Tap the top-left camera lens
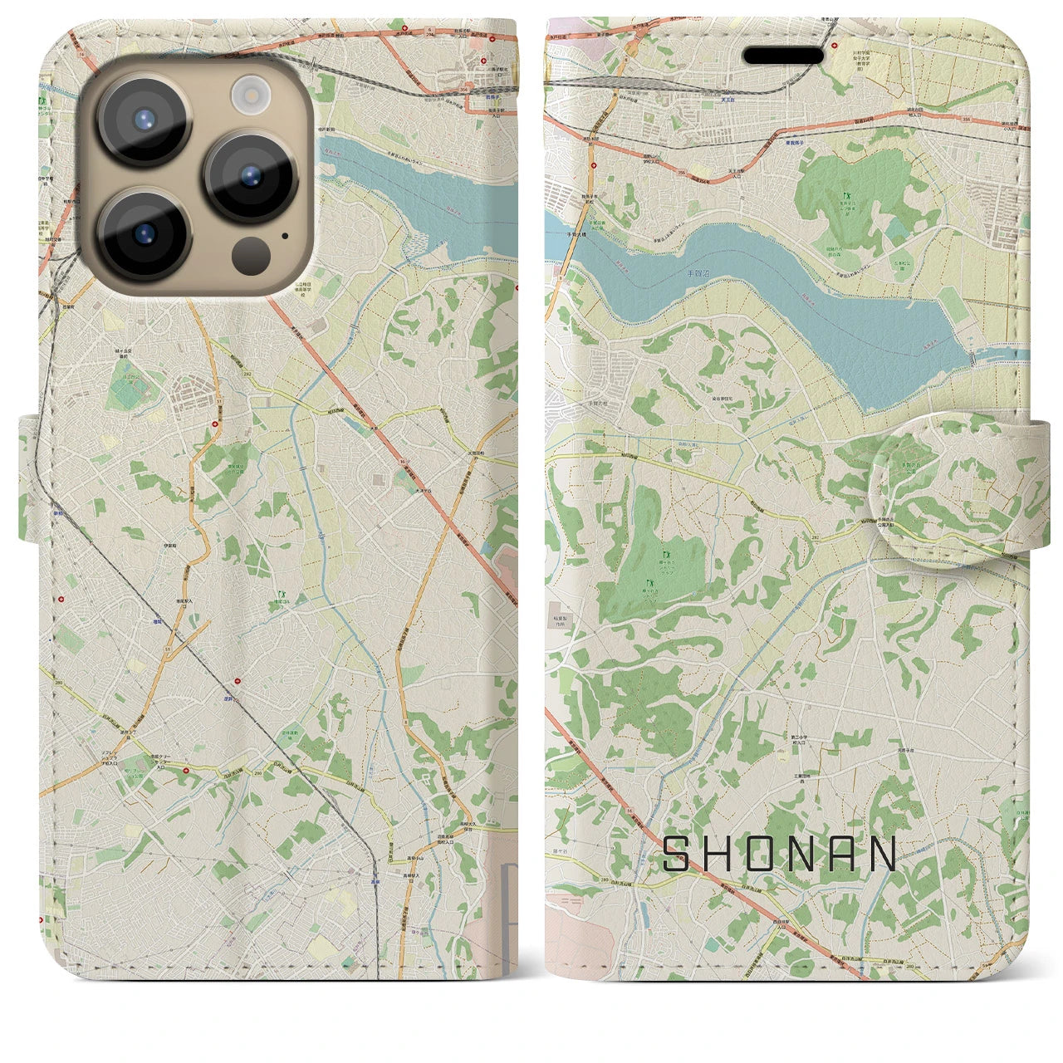145,118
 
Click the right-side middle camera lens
251,176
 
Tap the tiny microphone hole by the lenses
286,235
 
